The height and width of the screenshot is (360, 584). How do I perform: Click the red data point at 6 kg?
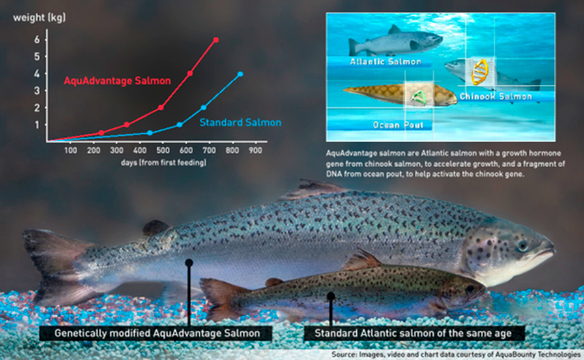coord(215,40)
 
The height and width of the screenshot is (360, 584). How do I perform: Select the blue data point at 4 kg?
coord(240,75)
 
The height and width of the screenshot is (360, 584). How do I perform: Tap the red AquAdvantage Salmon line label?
coord(118,81)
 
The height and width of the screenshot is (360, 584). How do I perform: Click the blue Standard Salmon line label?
coord(240,123)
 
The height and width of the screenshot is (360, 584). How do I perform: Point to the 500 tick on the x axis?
coord(162,151)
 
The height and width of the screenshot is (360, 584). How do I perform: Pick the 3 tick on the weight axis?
coord(37,91)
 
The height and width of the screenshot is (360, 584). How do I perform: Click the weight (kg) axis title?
coord(39,18)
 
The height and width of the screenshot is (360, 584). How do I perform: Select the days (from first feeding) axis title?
coord(163,162)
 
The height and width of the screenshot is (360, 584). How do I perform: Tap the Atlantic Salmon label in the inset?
coord(386,62)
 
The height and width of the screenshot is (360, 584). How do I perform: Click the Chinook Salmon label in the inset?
coord(496,97)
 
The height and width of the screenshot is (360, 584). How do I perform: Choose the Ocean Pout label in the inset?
coord(398,125)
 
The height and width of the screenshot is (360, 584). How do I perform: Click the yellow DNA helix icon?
coord(480,72)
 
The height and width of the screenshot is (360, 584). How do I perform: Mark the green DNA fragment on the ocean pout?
coord(419,97)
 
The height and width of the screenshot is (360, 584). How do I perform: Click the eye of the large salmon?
coord(522,245)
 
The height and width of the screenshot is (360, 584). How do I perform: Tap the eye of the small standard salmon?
coord(470,288)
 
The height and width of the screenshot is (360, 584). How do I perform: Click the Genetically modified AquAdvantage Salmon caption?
coord(157,333)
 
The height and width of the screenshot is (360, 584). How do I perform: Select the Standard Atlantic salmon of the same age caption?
coord(413,333)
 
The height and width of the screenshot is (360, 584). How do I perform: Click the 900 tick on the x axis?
coord(255,151)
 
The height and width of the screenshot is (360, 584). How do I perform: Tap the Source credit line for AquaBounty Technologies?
coord(456,355)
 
